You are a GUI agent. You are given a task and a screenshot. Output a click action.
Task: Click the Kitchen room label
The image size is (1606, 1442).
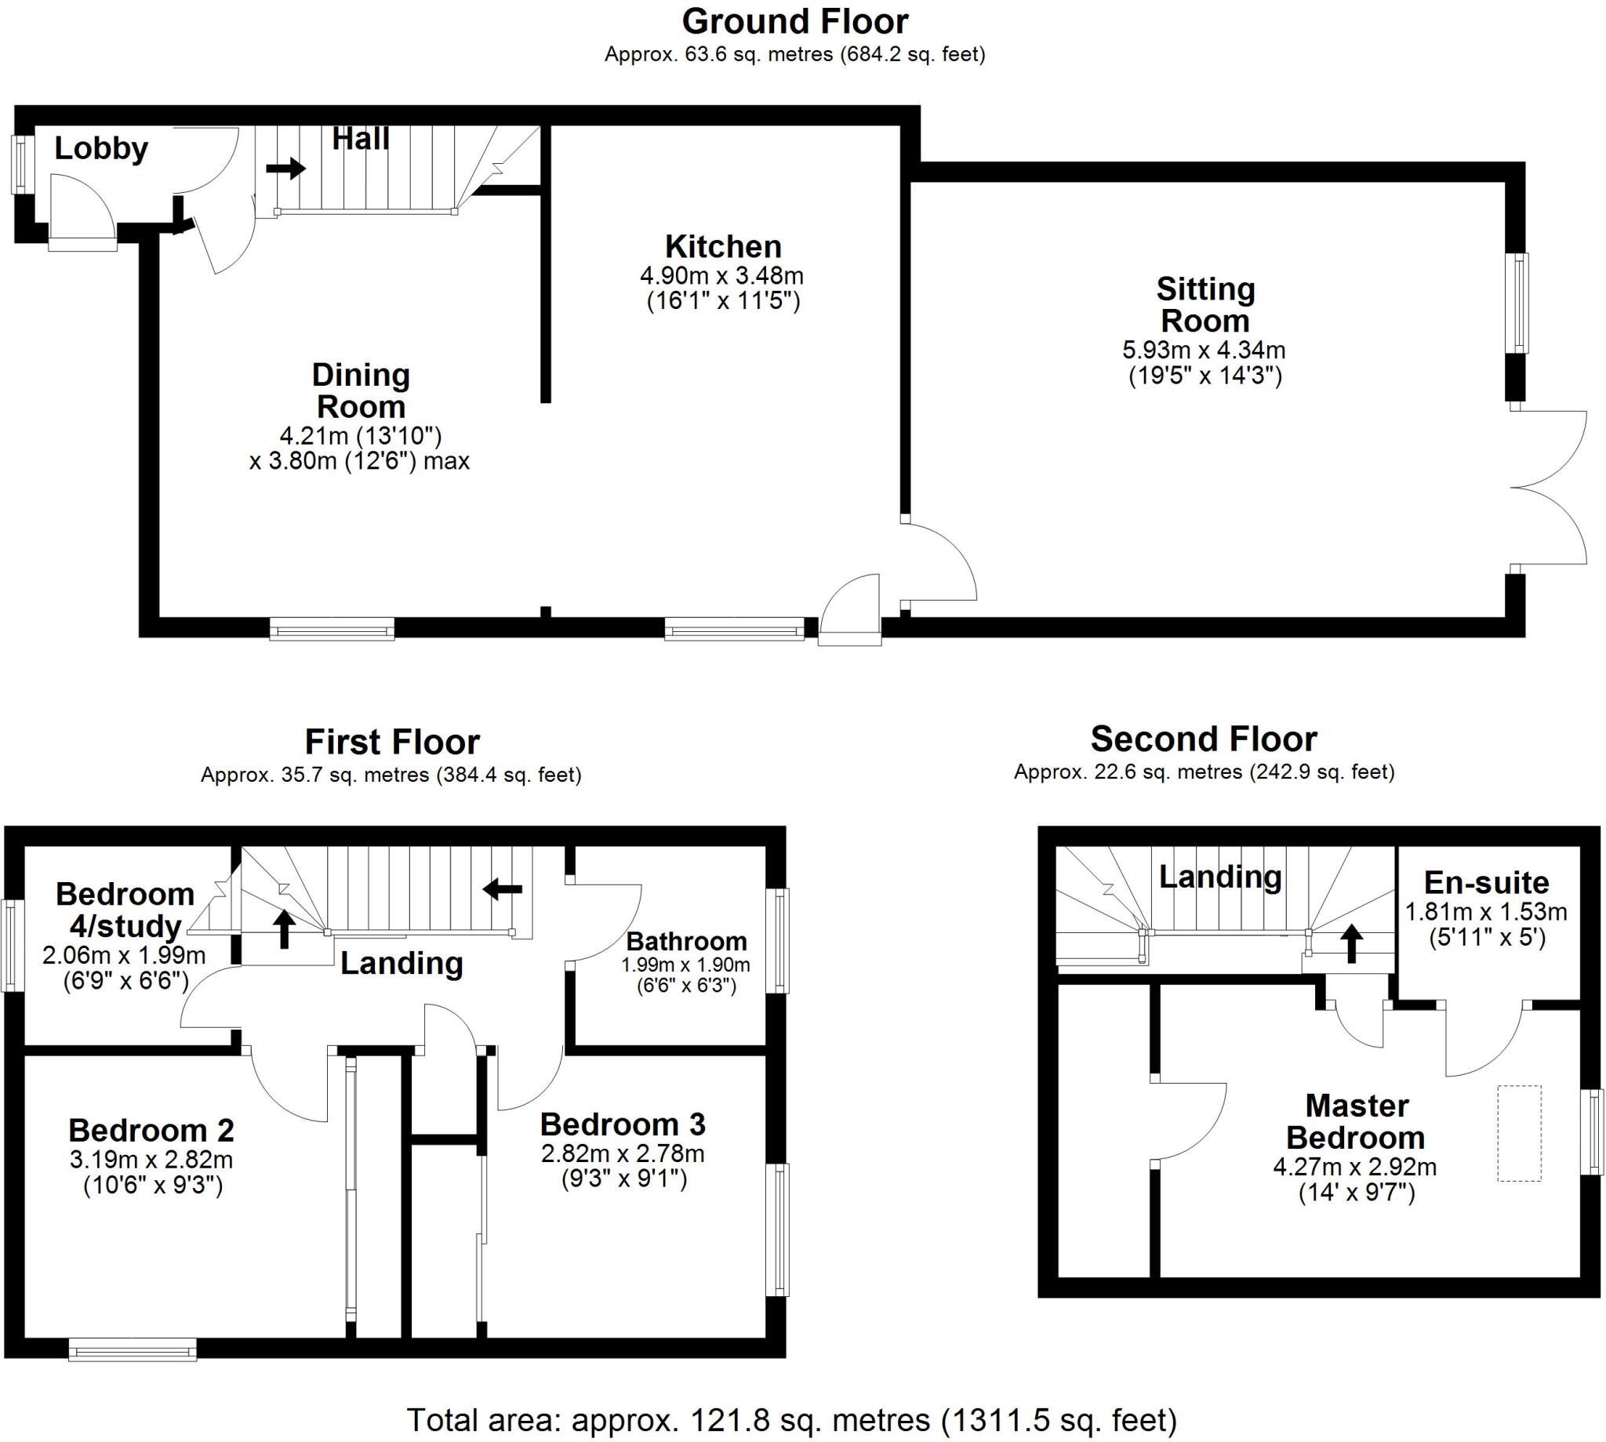coord(722,246)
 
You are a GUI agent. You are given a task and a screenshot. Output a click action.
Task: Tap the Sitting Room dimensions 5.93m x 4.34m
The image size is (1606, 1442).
coord(1204,350)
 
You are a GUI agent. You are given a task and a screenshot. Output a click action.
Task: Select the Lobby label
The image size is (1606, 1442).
coord(100,148)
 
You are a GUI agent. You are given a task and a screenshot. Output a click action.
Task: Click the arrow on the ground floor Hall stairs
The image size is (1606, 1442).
coord(285,168)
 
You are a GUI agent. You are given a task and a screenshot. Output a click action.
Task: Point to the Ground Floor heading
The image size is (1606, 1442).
coord(794,21)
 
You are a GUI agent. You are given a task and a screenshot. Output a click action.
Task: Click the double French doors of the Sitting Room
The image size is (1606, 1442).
coord(1549,487)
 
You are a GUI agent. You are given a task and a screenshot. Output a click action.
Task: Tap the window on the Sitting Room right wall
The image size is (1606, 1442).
coord(1517,303)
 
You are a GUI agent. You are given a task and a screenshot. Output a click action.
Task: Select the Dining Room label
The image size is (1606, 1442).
coord(361,390)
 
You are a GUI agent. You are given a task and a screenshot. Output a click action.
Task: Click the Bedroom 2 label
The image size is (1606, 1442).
coord(151,1130)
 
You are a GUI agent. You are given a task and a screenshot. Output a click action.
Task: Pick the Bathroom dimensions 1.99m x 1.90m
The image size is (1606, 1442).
coord(685,965)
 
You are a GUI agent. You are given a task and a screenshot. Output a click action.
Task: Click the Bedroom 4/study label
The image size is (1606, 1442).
coord(125,910)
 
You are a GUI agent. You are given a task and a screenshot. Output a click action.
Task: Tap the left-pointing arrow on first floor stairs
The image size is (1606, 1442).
coord(503,889)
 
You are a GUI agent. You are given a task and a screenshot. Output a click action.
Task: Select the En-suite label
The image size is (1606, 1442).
coord(1485,882)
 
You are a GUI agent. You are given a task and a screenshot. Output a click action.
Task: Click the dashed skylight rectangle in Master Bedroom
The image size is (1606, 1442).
coord(1519,1134)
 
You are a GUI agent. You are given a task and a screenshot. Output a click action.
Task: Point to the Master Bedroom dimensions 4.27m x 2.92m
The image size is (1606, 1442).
coord(1354,1166)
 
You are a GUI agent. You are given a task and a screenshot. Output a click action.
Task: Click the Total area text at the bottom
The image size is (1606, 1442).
coord(791,1419)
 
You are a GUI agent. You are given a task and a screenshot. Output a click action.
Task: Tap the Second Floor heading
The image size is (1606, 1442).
coord(1203,739)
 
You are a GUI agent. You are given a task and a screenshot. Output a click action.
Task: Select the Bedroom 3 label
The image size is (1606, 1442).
coord(622,1124)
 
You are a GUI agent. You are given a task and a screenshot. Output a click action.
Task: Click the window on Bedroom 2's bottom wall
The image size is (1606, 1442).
coord(133,1349)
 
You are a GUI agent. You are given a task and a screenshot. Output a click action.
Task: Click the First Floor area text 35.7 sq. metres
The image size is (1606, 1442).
coord(391,774)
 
